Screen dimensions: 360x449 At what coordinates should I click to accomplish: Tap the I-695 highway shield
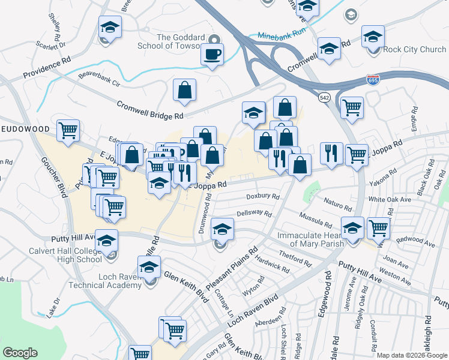tap(372, 79)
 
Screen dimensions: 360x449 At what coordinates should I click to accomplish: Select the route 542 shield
tap(324, 97)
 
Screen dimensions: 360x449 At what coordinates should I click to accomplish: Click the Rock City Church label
tap(414, 49)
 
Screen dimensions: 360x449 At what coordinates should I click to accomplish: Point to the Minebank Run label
tap(282, 36)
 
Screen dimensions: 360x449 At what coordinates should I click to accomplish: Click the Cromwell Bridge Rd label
tap(150, 109)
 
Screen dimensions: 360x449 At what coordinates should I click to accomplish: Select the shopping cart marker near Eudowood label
tap(68, 130)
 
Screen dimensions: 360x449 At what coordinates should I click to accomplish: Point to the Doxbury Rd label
tap(263, 196)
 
